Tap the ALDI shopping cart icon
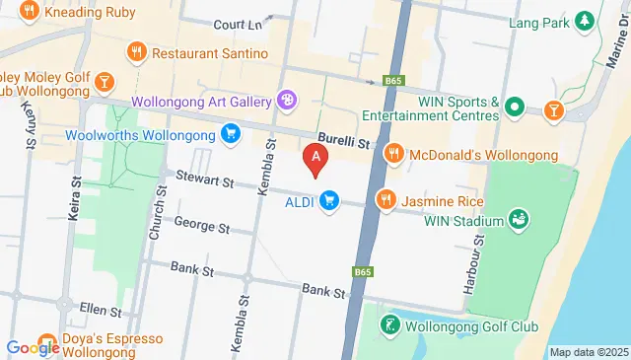coord(329,200)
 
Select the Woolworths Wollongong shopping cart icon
coord(231,133)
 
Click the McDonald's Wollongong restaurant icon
coord(393,152)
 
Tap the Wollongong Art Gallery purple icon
coord(286,99)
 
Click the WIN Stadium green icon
coord(519,219)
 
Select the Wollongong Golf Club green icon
coord(391,324)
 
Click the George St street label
coord(201,225)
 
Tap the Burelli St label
coord(342,142)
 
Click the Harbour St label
coord(471,264)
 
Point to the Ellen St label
coord(101,310)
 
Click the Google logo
coord(34,346)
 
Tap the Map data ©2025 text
coord(588,352)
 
